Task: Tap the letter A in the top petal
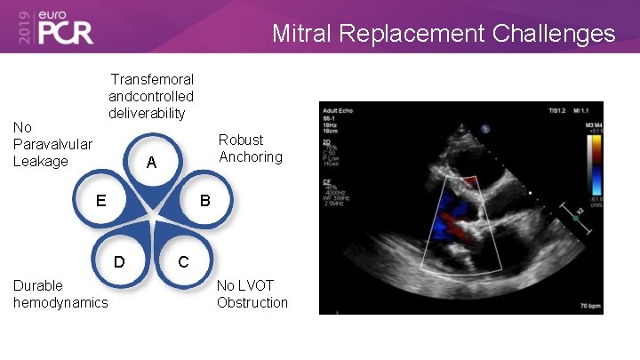point(151,163)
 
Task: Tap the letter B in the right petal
point(204,201)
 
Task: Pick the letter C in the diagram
point(182,262)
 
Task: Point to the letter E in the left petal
point(101,200)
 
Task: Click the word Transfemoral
point(152,80)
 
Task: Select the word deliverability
point(147,113)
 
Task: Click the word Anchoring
point(251,157)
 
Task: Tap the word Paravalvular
point(52,144)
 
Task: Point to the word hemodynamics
point(60,302)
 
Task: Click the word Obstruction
point(252,302)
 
